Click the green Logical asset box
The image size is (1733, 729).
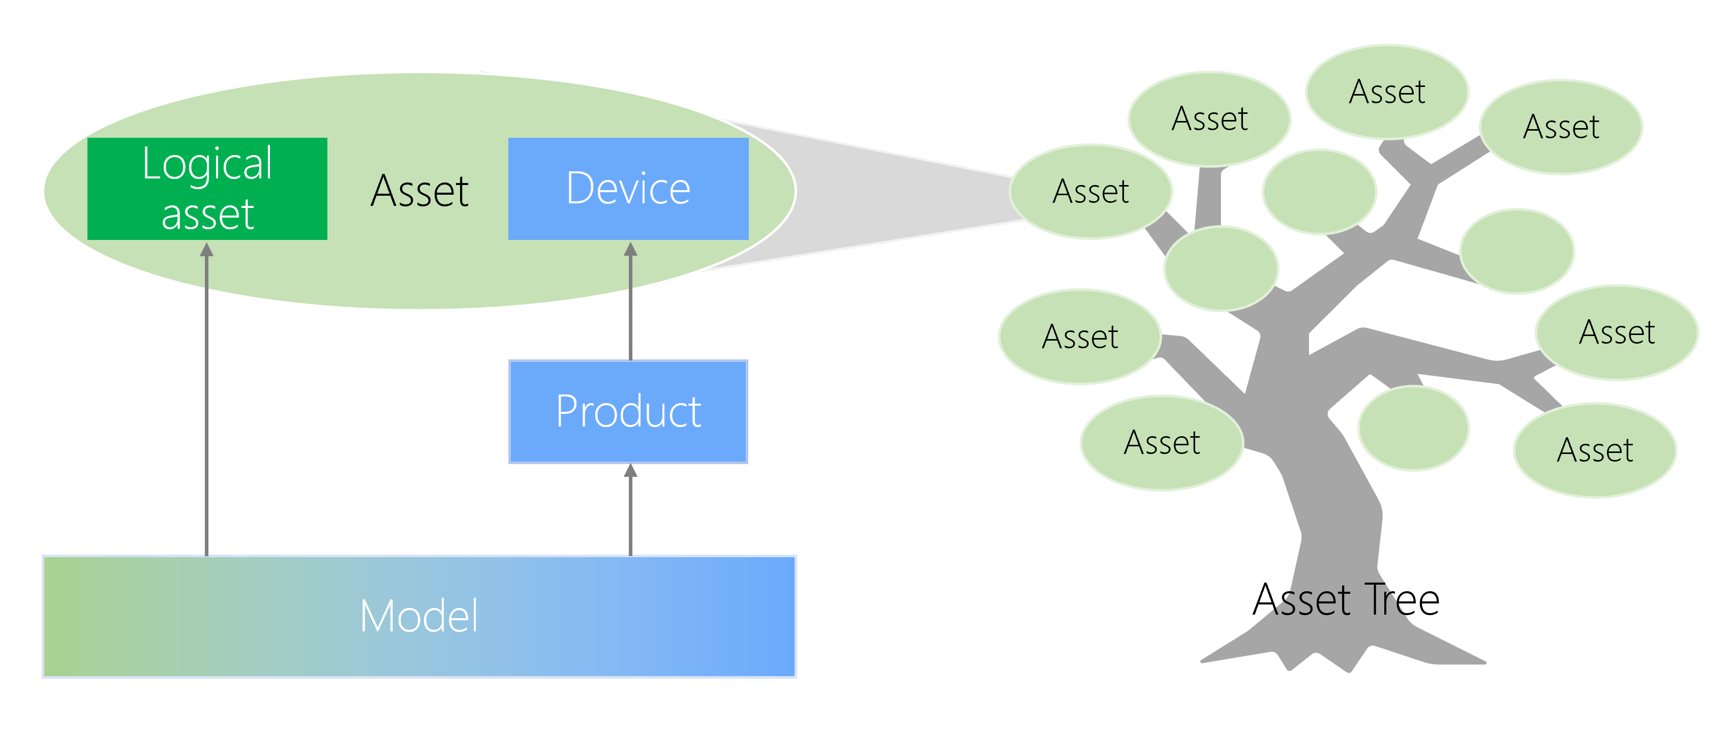207,188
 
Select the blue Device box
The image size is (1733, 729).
628,188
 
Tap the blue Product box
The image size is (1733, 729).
628,412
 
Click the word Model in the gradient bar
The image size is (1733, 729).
418,616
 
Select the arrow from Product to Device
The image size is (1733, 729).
630,302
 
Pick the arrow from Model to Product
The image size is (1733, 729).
630,511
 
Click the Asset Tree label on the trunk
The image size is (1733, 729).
1346,600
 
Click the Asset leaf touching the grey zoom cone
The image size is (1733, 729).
1090,192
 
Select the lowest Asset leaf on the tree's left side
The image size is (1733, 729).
1162,442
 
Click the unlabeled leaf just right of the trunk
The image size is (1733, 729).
1413,428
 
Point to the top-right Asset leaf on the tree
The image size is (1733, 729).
1561,127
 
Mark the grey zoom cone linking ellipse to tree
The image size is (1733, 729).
895,195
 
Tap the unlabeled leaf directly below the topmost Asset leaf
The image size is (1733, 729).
1319,192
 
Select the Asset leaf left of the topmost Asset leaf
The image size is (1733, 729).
1209,119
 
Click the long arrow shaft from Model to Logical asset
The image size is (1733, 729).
206,404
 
